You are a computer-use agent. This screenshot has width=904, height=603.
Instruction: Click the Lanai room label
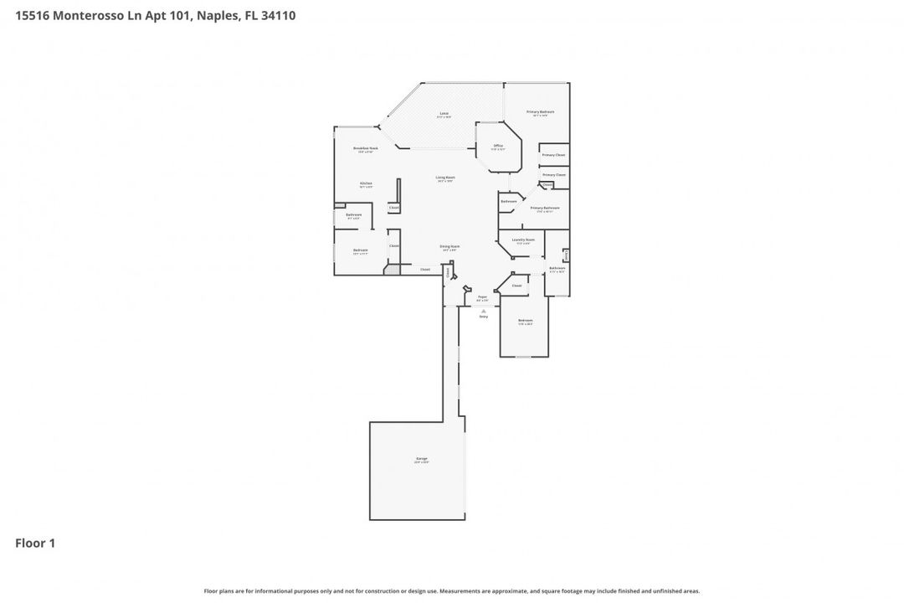(x=444, y=114)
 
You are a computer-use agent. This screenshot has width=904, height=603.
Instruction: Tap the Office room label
(x=498, y=147)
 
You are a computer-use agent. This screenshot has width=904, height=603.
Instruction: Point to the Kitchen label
(x=366, y=183)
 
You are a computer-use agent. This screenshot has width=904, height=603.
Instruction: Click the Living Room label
(x=445, y=178)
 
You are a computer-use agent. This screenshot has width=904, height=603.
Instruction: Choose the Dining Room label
(x=449, y=247)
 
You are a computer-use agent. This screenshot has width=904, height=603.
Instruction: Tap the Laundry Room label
(x=523, y=240)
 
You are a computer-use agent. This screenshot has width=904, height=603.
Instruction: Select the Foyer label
(x=482, y=297)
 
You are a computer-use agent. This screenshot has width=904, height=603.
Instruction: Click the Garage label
(x=421, y=459)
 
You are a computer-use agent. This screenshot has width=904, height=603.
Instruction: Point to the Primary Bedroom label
(x=540, y=112)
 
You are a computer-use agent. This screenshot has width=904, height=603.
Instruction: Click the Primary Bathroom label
(x=544, y=208)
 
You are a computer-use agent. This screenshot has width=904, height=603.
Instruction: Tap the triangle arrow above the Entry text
(x=483, y=311)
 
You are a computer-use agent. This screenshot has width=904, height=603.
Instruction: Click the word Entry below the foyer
(x=483, y=317)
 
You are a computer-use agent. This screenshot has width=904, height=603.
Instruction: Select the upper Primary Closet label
(x=553, y=155)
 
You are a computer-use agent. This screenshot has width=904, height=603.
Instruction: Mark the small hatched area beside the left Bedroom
(x=392, y=270)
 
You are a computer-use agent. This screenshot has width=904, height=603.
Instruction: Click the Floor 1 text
(x=35, y=544)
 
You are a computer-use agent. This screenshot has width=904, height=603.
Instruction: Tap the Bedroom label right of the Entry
(x=525, y=321)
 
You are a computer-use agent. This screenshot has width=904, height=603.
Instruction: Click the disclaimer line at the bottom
(x=452, y=590)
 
